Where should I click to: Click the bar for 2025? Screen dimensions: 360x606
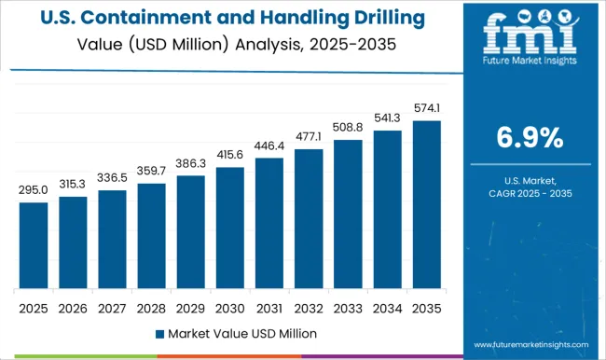click(x=34, y=245)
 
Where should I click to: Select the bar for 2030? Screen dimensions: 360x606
click(x=229, y=228)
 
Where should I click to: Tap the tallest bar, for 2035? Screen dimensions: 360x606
click(x=426, y=204)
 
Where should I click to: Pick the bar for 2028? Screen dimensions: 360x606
click(x=151, y=236)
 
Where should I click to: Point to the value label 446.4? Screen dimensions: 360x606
click(x=269, y=147)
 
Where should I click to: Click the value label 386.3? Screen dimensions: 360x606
click(x=190, y=165)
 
